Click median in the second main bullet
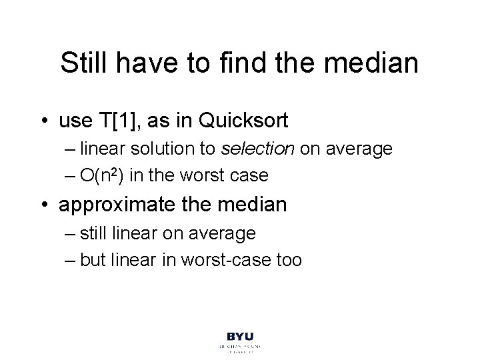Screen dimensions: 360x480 (x=251, y=204)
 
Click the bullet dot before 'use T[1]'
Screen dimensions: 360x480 (x=47, y=122)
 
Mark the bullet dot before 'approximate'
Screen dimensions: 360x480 (x=47, y=204)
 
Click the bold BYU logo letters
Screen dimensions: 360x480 (x=239, y=337)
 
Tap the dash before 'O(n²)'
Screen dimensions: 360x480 (x=72, y=176)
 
